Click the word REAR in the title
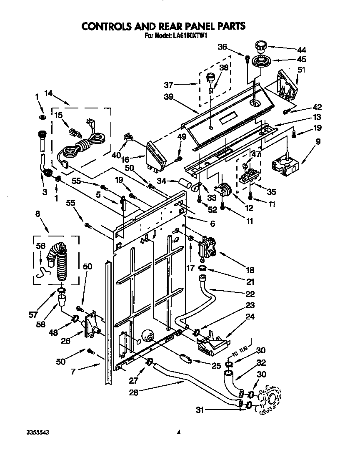pyautogui.click(x=168, y=27)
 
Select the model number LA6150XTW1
pyautogui.click(x=189, y=36)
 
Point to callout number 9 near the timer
pyautogui.click(x=318, y=141)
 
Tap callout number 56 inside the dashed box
pyautogui.click(x=41, y=246)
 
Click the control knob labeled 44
pyautogui.click(x=260, y=45)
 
